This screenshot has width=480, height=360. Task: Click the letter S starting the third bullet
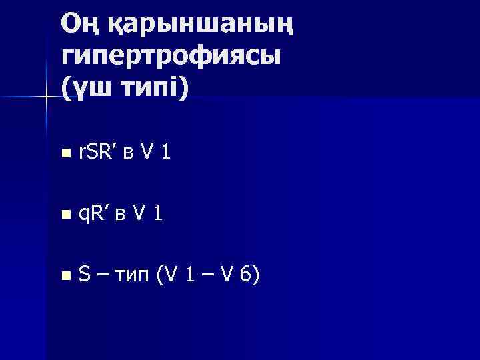[x=85, y=273]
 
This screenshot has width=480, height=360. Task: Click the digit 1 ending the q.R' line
[x=158, y=213]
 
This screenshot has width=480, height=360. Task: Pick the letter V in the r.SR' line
[x=150, y=153]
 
